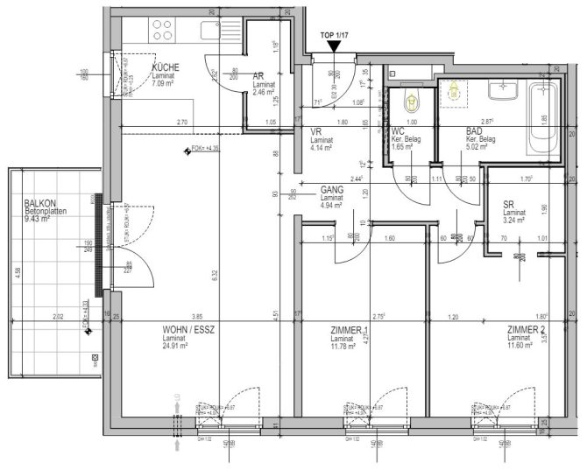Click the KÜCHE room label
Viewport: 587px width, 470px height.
coord(166,67)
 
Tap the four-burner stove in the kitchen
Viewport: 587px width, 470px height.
coord(163,30)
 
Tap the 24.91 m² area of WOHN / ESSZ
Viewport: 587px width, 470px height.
coord(183,346)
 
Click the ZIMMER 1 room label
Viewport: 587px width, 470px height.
coord(350,330)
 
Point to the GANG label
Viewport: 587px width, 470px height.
coord(332,189)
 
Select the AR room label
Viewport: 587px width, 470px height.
coord(258,77)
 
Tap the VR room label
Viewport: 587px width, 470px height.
coord(317,131)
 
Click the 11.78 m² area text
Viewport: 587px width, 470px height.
coord(345,346)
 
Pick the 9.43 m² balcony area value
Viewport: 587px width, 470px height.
coord(37,219)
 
